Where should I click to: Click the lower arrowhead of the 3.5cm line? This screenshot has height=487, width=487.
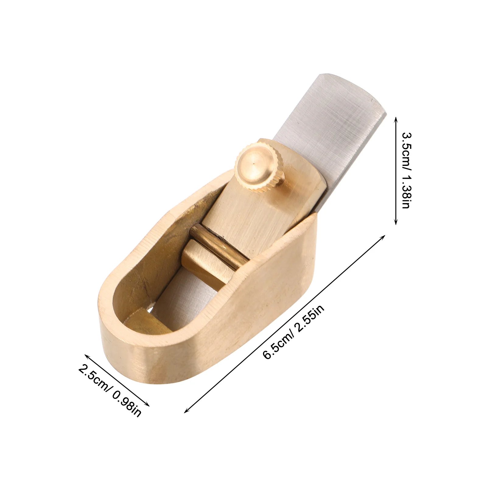point(396,223)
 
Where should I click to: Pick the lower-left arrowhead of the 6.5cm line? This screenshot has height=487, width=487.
point(186,412)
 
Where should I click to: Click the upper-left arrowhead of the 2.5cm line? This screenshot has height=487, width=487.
point(86,356)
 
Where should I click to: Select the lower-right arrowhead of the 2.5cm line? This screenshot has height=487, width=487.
point(149,405)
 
